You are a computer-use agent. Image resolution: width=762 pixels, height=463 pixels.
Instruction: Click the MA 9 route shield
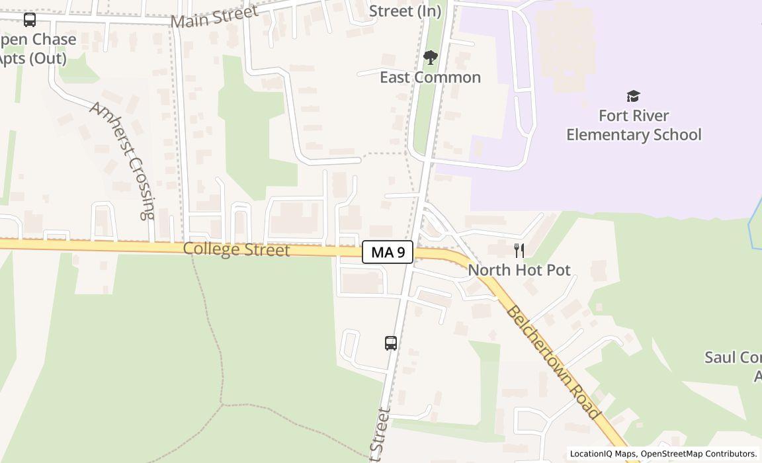(x=388, y=252)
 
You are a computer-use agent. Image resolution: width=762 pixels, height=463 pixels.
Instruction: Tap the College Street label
(x=236, y=250)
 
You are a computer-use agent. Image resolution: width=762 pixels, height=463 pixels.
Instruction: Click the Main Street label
(x=214, y=17)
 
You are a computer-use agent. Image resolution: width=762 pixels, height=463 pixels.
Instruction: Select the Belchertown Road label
(x=553, y=362)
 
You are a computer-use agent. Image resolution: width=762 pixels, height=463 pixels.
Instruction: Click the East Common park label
(x=430, y=77)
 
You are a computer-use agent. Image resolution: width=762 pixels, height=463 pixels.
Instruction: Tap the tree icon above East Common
(x=431, y=58)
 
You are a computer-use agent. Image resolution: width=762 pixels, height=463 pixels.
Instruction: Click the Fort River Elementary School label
(x=633, y=125)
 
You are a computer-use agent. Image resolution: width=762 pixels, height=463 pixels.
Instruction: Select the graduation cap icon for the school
(x=633, y=97)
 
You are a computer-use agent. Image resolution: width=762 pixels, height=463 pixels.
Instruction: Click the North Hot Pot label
(x=519, y=270)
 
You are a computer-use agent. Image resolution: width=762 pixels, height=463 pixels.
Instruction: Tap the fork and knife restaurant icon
(x=519, y=251)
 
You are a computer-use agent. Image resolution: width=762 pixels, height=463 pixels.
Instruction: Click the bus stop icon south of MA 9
(x=391, y=343)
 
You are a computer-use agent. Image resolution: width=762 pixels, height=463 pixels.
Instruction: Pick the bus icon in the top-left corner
(x=30, y=20)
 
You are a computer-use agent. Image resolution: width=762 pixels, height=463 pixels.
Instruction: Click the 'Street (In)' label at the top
(x=405, y=11)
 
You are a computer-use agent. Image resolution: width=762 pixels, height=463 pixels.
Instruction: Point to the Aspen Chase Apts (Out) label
(x=36, y=49)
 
